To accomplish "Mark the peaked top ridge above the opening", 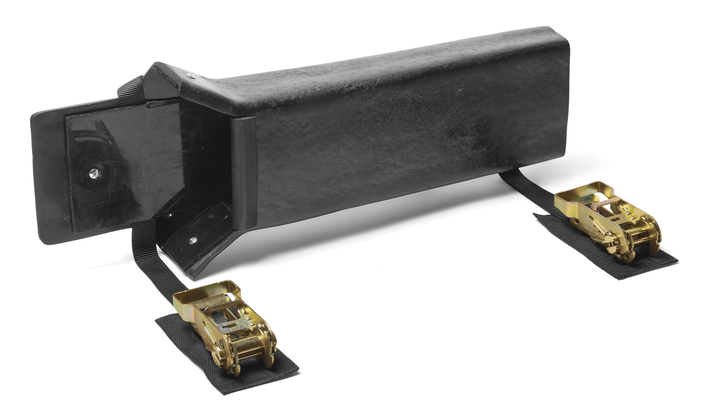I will [x=163, y=76].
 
